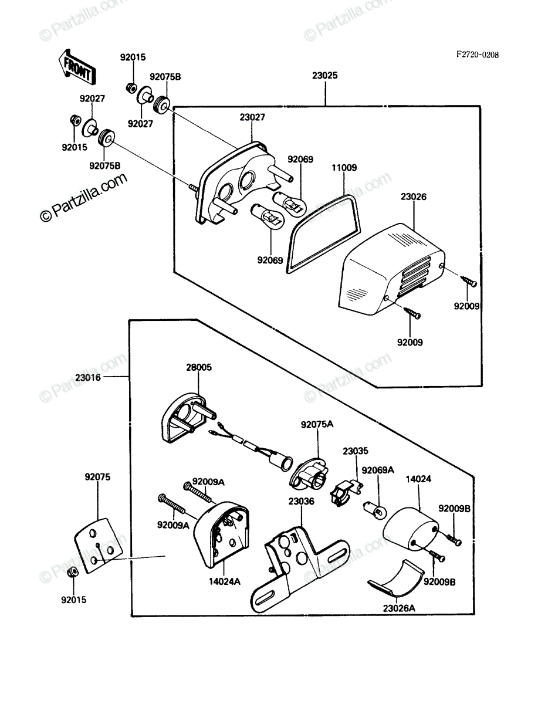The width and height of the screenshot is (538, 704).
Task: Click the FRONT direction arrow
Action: [77, 67]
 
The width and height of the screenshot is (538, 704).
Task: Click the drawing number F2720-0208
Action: [478, 55]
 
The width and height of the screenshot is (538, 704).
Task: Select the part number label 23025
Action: [325, 75]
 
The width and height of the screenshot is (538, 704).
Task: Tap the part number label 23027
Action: [252, 117]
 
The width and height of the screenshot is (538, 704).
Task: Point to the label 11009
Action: [344, 167]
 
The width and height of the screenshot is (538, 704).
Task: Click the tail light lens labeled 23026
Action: [392, 269]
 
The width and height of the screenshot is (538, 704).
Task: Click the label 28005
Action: [199, 367]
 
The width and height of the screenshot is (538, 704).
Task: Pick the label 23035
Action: [356, 451]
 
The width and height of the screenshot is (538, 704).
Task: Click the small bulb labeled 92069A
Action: [374, 510]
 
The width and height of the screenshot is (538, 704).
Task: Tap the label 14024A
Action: [225, 581]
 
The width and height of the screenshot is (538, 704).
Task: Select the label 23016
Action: [88, 377]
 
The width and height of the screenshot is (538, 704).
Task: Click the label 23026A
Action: [399, 608]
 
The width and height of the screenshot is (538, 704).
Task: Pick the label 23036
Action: [301, 501]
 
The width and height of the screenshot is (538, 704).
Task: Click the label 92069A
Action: [378, 470]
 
